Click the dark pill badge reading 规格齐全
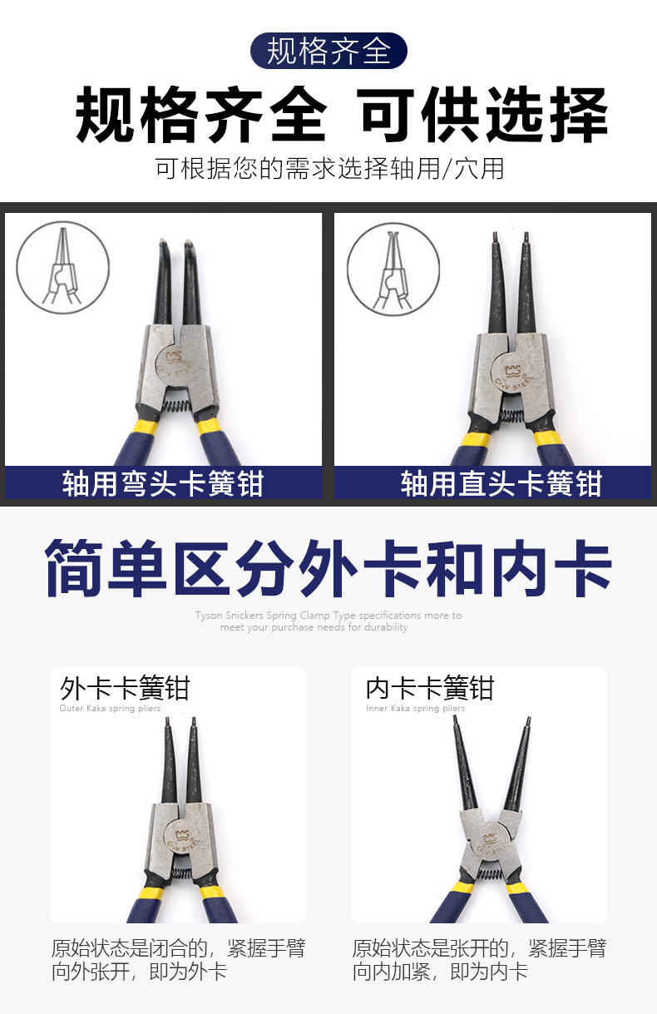[x=328, y=51]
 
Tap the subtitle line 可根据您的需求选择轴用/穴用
[x=329, y=168]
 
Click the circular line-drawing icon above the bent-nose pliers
[x=63, y=267]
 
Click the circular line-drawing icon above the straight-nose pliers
[x=393, y=269]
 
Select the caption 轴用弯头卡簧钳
[x=163, y=483]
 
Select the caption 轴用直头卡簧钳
[x=501, y=483]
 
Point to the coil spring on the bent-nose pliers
[x=178, y=402]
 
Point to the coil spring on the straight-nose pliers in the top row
[x=511, y=415]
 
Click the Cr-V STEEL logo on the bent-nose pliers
[x=177, y=362]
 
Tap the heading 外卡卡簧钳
[x=125, y=689]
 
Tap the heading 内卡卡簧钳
[x=430, y=689]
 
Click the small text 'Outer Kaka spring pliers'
[x=110, y=709]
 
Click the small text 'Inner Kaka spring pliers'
[x=415, y=709]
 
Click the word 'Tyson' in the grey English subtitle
[x=209, y=616]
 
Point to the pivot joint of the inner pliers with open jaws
[x=492, y=837]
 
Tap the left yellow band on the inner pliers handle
[x=462, y=888]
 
